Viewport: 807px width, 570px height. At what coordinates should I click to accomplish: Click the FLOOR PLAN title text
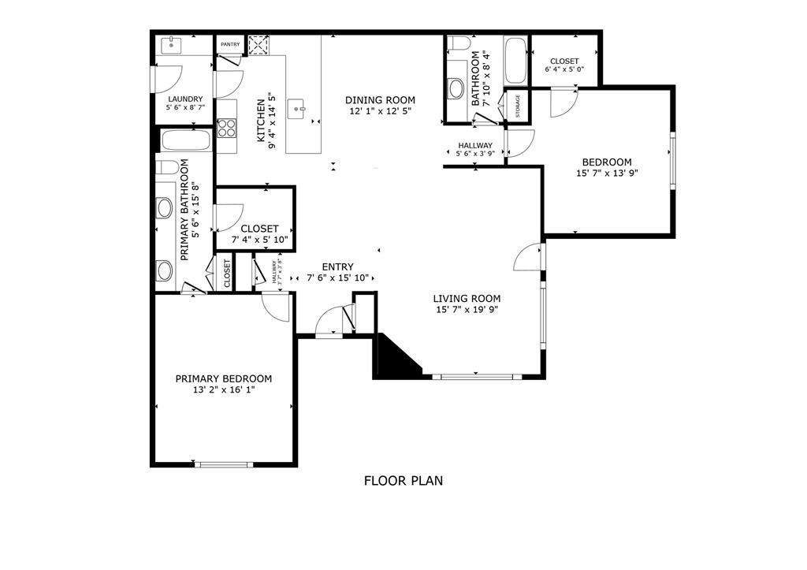pyautogui.click(x=403, y=480)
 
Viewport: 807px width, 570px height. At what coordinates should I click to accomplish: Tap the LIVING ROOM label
pyautogui.click(x=467, y=298)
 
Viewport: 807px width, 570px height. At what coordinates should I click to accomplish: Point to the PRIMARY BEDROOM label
pyautogui.click(x=223, y=378)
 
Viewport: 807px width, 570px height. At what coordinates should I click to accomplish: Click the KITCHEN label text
pyautogui.click(x=261, y=120)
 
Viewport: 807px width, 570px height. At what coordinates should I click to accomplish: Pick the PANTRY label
pyautogui.click(x=230, y=45)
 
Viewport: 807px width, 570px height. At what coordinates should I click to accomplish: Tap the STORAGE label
pyautogui.click(x=518, y=106)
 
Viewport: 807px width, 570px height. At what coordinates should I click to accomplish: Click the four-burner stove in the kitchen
pyautogui.click(x=227, y=127)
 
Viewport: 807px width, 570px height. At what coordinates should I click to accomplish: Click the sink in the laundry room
pyautogui.click(x=171, y=46)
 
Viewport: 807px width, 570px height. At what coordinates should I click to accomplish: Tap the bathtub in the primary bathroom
pyautogui.click(x=185, y=141)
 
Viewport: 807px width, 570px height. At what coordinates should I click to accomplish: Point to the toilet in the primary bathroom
pyautogui.click(x=166, y=167)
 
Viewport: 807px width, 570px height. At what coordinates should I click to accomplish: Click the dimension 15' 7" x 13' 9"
pyautogui.click(x=606, y=173)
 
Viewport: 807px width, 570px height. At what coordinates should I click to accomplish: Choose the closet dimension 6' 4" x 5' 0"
pyautogui.click(x=564, y=70)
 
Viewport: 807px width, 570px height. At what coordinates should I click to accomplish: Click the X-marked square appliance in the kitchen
pyautogui.click(x=258, y=46)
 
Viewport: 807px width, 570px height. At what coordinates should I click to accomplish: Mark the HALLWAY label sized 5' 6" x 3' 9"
pyautogui.click(x=474, y=146)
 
